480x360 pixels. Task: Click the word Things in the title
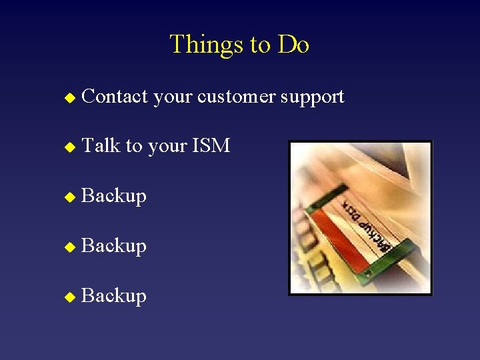click(207, 45)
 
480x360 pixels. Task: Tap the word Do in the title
click(293, 45)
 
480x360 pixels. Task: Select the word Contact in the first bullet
click(114, 97)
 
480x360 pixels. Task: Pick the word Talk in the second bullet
click(100, 145)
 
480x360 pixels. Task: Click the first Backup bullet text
click(113, 196)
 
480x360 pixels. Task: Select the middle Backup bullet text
click(113, 246)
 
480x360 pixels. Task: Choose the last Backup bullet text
click(113, 296)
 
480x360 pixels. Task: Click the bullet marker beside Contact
click(66, 98)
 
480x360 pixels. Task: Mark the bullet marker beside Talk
click(66, 147)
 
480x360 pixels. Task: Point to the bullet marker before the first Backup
click(66, 197)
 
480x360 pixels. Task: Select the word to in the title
click(260, 45)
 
